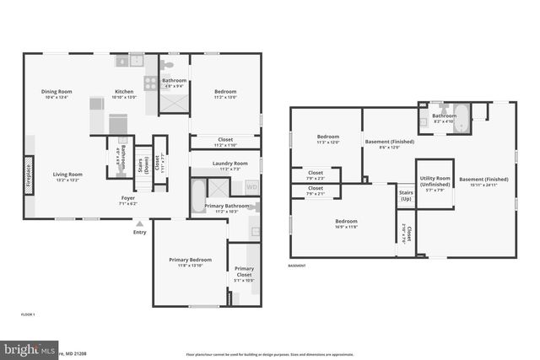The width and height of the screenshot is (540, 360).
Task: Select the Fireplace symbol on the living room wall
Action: (30, 176)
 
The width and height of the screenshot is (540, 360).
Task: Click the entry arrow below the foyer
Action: (139, 223)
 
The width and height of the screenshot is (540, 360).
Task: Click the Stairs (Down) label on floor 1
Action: (142, 161)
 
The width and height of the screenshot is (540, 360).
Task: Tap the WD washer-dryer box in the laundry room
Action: (251, 187)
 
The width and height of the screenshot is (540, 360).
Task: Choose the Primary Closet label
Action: (244, 271)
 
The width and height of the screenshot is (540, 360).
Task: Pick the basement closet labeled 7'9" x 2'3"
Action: (315, 178)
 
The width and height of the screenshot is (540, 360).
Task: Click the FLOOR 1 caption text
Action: (29, 314)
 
